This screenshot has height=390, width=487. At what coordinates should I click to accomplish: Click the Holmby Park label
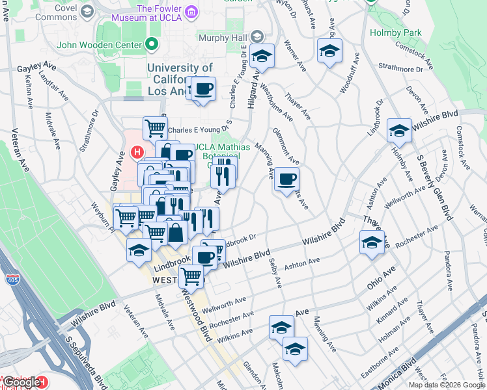[395, 32]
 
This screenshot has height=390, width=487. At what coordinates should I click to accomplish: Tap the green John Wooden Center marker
[152, 45]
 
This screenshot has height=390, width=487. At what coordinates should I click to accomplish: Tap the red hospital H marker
[137, 153]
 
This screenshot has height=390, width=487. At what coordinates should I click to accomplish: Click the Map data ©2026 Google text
[447, 385]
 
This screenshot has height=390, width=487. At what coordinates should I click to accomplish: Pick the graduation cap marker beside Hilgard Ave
[262, 57]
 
